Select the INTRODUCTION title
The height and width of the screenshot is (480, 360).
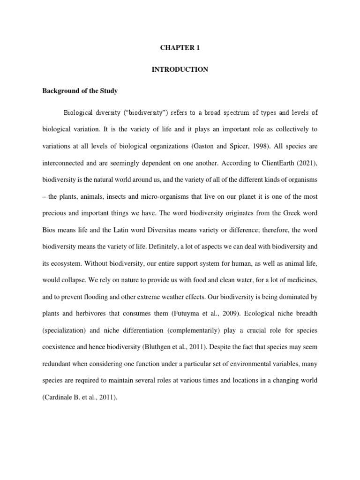point(180,69)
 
